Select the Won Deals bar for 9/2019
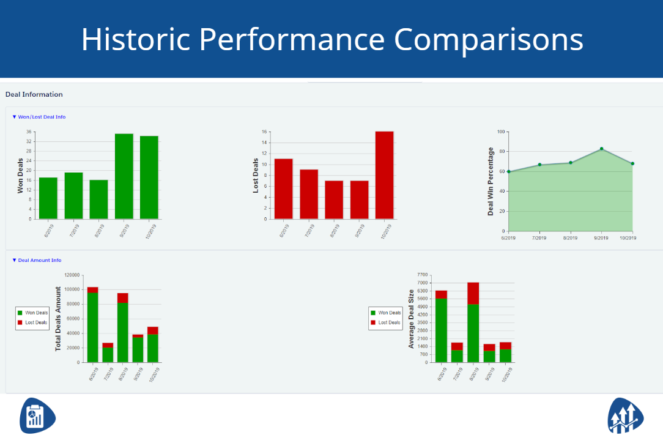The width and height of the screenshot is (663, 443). point(124,176)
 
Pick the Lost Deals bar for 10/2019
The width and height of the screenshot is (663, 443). point(384,175)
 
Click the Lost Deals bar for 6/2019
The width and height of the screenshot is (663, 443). point(283,188)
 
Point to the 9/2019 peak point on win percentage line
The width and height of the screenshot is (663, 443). point(601,149)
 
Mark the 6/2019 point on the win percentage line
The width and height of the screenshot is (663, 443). point(508,171)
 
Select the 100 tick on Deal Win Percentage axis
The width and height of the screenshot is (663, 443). point(500,132)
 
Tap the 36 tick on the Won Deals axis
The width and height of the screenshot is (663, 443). point(29,132)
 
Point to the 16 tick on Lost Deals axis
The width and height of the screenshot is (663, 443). point(264,132)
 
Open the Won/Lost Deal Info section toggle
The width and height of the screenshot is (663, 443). point(39,117)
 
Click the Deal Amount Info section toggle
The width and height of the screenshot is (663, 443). point(37,260)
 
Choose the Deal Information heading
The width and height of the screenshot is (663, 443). point(34,94)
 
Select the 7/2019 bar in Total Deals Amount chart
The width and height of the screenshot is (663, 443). point(108,353)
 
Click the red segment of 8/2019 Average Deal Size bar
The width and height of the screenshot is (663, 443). point(473,293)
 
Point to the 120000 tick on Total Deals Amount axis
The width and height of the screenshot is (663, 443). point(72,275)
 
